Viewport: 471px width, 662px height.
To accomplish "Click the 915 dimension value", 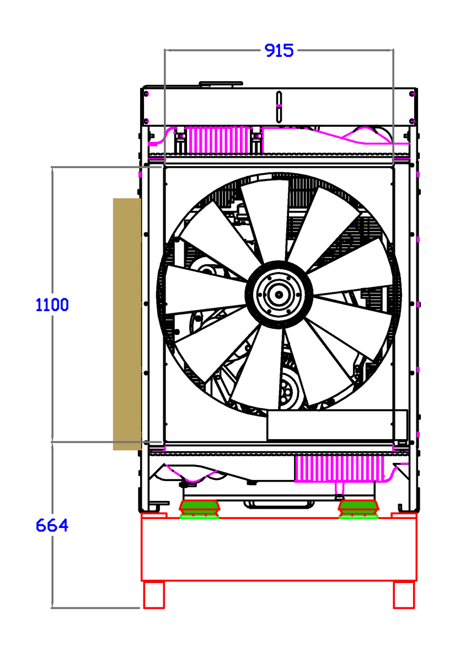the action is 279,50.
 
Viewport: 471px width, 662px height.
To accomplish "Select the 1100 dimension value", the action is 52,305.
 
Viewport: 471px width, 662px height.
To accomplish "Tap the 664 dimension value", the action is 52,525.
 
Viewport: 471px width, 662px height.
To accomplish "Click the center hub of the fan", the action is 279,295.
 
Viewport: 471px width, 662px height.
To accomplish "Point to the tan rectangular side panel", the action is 127,324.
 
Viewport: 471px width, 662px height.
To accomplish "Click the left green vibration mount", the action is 200,507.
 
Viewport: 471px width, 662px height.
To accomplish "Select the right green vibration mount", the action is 358,507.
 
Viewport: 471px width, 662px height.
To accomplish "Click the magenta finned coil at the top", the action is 218,140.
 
